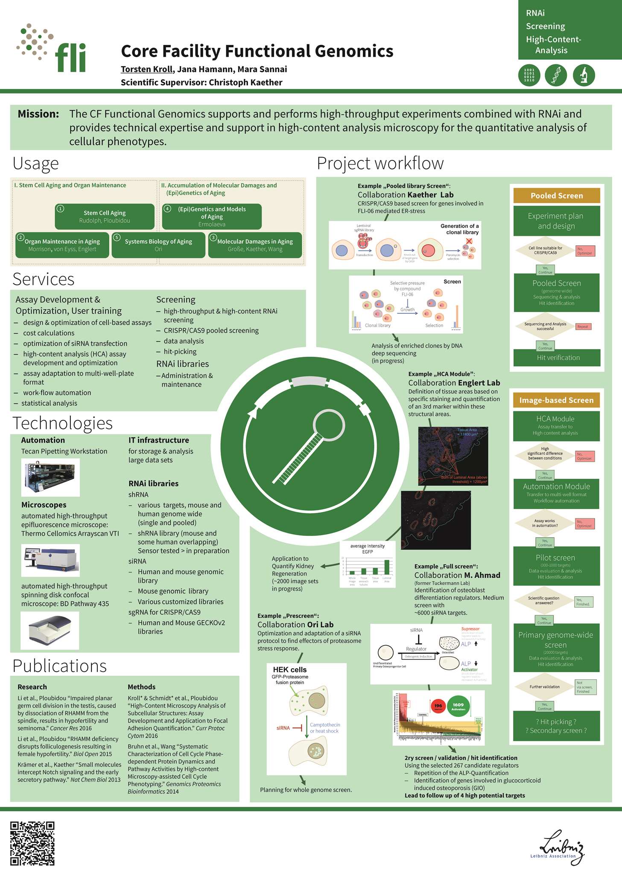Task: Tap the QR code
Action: tap(32, 843)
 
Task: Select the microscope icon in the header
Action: tap(584, 75)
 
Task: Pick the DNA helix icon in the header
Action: tap(556, 75)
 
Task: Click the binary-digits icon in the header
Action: tap(529, 75)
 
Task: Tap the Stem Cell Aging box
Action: tap(105, 216)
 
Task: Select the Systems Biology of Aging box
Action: tap(158, 245)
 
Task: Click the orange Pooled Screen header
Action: tap(557, 196)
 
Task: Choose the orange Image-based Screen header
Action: tap(556, 400)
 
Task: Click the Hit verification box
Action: tap(557, 358)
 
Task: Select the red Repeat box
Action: tap(583, 327)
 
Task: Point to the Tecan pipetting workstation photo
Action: tap(50, 477)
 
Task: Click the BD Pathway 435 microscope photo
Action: tap(50, 630)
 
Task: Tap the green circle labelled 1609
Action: tap(458, 706)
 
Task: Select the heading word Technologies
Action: tap(62, 423)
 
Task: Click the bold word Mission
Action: tap(38, 114)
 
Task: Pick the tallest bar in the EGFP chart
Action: tap(387, 567)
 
